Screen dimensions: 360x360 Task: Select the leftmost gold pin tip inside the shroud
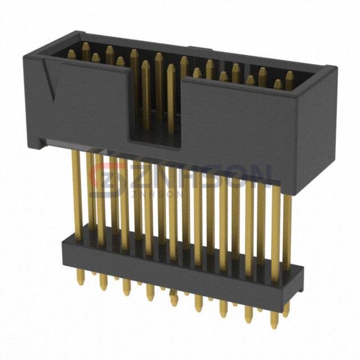(x=71, y=55)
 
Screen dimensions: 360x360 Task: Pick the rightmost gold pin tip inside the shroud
(x=289, y=77)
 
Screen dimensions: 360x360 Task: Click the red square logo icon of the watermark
(x=108, y=178)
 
